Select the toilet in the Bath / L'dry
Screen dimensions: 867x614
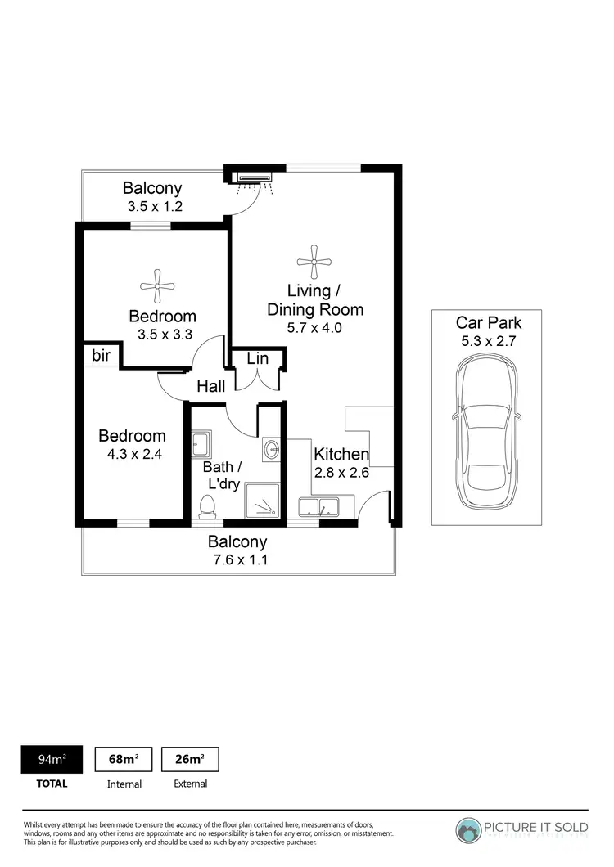tap(208, 505)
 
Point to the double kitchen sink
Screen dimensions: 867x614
tap(320, 507)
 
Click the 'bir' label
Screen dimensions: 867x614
tap(101, 356)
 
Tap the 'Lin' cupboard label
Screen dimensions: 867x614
tap(257, 358)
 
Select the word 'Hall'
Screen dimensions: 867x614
tap(210, 387)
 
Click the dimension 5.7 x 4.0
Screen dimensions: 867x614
tap(314, 328)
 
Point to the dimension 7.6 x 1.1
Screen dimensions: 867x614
tap(237, 560)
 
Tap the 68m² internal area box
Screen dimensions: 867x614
tap(124, 759)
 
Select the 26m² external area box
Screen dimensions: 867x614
tap(190, 759)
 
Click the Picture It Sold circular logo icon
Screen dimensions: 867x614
tap(471, 830)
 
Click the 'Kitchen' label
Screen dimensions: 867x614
tap(341, 455)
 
